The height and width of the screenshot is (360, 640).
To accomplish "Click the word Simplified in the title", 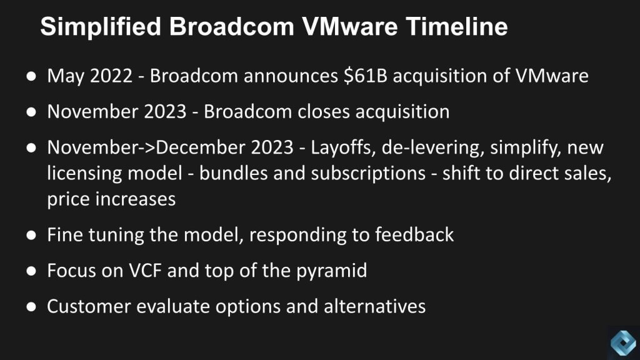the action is coord(101,27).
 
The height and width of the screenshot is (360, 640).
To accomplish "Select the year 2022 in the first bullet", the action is coord(111,76).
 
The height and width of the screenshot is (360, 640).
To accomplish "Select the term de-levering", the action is coord(432,147).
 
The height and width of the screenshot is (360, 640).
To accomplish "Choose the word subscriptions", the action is coord(369,174).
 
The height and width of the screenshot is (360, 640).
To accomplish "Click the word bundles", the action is coord(234,174).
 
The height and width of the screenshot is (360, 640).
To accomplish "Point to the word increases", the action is coord(136,199).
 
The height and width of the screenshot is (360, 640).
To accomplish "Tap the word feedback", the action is coord(414,235).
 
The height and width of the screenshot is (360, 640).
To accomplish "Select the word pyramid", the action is coord(331,271).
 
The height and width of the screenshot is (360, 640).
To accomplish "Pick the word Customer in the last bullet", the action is coord(89,306).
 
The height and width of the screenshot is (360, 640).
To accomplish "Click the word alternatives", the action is coord(375,306).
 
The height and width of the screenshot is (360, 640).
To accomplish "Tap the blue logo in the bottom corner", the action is coord(623,342).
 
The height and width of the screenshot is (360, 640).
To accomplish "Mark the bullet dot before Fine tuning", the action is coord(31,235).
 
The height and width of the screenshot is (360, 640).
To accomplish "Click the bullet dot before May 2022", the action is coord(31,76).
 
